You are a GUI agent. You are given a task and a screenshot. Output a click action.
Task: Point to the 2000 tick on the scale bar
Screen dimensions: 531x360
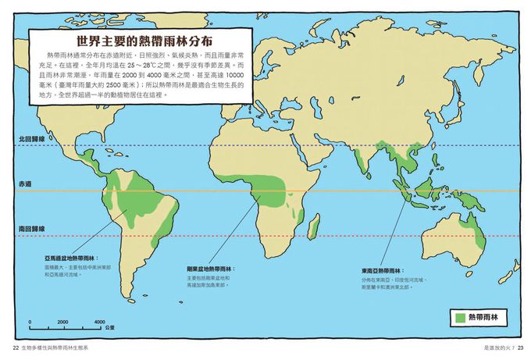tap(63, 322)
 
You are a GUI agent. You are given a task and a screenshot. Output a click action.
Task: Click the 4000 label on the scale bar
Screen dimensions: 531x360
tap(99, 322)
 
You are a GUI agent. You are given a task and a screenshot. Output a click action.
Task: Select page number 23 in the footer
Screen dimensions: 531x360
tap(521, 348)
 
